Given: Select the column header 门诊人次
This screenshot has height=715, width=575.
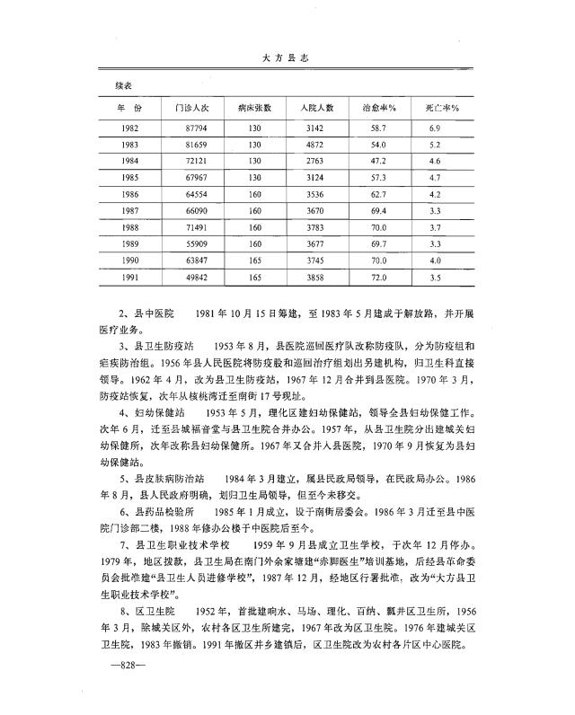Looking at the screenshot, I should tap(190, 108).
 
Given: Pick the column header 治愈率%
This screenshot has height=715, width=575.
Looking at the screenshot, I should tap(379, 108).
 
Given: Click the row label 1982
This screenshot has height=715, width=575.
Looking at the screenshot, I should tap(128, 128).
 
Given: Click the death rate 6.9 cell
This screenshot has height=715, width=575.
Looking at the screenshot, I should tap(435, 128).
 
